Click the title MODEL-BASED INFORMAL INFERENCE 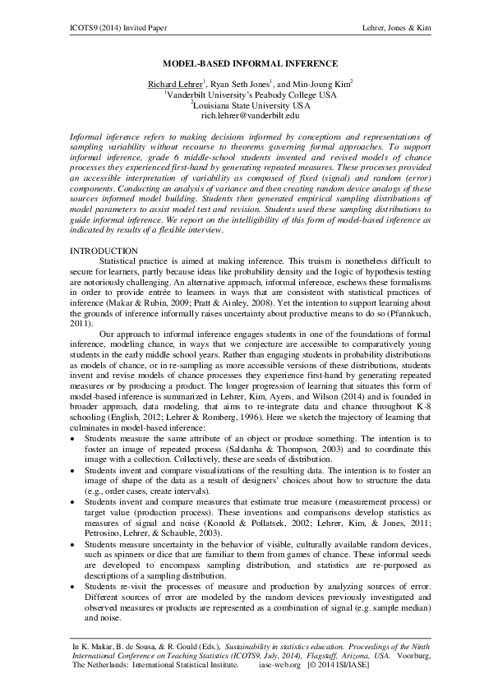[244, 63]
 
